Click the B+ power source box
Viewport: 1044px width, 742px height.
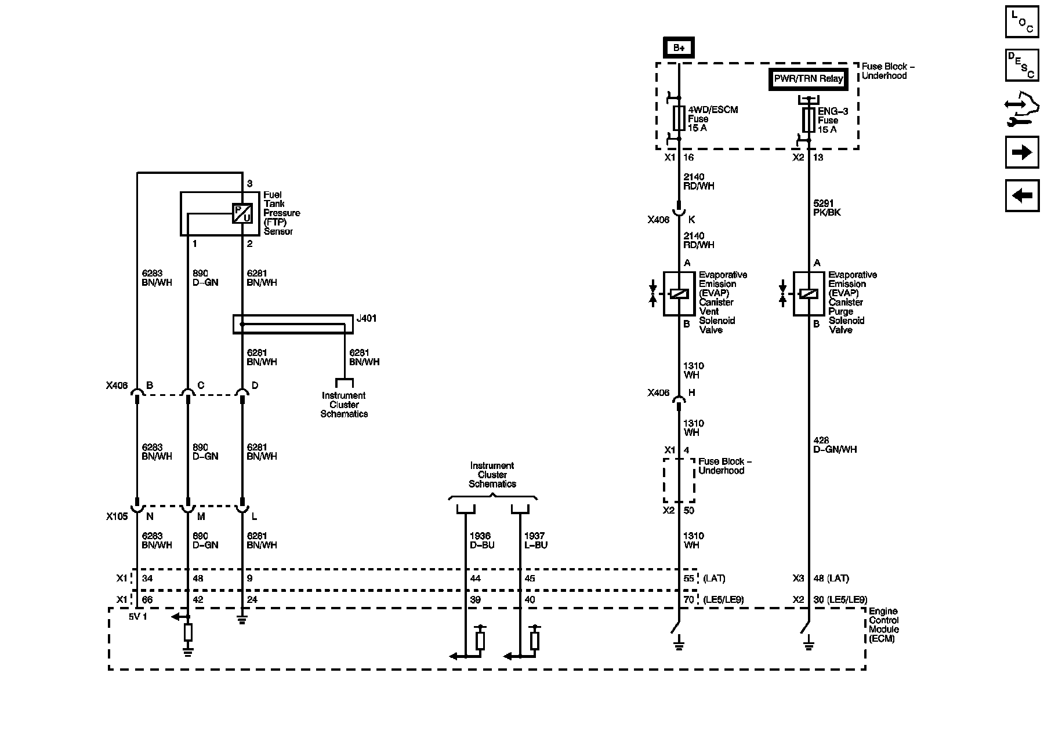coord(679,48)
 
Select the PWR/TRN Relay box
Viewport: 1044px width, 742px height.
coord(808,79)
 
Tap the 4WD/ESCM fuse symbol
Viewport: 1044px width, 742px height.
coord(679,118)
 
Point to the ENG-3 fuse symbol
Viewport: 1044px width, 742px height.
coord(809,120)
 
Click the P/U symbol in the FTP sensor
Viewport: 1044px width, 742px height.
coord(242,213)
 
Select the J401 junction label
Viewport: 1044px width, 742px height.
coord(367,318)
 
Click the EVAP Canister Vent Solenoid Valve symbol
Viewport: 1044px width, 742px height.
coord(679,294)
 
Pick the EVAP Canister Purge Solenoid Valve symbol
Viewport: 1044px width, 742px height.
coord(809,294)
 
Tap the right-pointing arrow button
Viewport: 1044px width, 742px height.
coord(1021,152)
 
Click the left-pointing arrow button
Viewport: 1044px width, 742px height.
coord(1021,195)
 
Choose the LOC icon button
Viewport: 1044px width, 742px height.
coord(1021,22)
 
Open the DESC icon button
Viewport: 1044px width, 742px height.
coord(1021,65)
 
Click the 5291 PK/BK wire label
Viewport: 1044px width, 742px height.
coord(827,208)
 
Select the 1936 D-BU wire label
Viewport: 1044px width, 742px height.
coord(482,540)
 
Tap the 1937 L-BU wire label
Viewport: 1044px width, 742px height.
coord(535,540)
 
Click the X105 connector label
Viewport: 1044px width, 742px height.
coord(117,517)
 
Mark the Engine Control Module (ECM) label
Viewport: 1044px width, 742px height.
coord(884,625)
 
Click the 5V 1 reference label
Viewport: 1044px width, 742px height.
coord(138,616)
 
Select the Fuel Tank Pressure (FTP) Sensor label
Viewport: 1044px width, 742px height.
coord(282,213)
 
